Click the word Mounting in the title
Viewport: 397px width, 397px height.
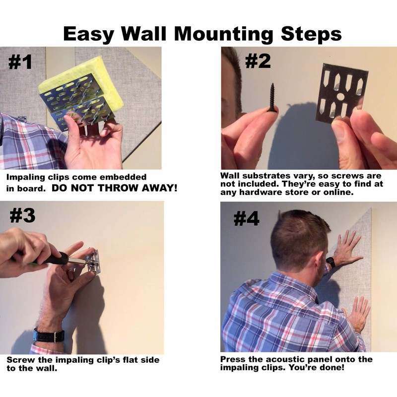point(224,34)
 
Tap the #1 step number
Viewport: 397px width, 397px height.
point(20,62)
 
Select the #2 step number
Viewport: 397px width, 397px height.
point(258,61)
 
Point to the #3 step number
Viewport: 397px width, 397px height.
point(22,216)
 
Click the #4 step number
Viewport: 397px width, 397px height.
point(246,219)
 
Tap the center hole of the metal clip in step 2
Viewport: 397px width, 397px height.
point(340,96)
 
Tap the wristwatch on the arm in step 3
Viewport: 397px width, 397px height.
point(49,335)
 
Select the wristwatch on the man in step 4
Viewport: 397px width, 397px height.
point(331,263)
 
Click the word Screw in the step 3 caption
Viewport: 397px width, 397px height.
point(21,360)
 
